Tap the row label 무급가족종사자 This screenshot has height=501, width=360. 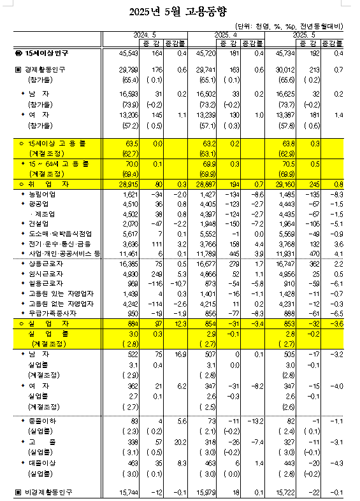49,313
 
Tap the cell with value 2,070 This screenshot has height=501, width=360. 129,224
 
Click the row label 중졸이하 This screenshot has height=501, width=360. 41,421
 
